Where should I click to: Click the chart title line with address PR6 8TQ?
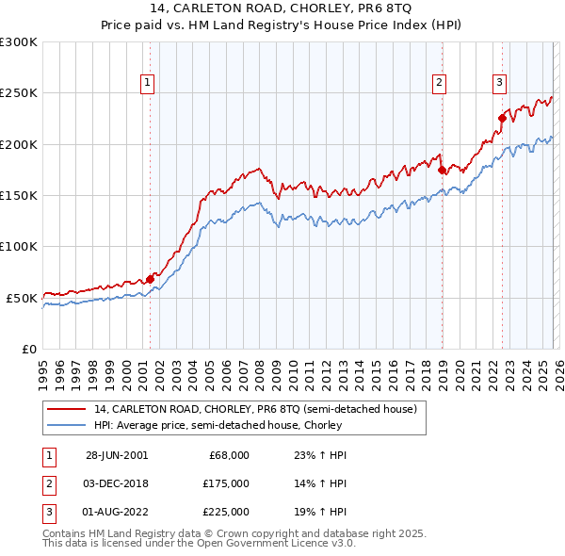point(282,9)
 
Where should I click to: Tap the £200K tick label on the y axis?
point(19,144)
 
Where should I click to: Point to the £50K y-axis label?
point(22,298)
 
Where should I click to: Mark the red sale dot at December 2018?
point(442,171)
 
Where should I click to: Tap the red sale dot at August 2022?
point(502,119)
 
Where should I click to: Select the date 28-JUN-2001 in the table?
point(117,455)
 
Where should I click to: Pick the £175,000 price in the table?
point(226,483)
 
